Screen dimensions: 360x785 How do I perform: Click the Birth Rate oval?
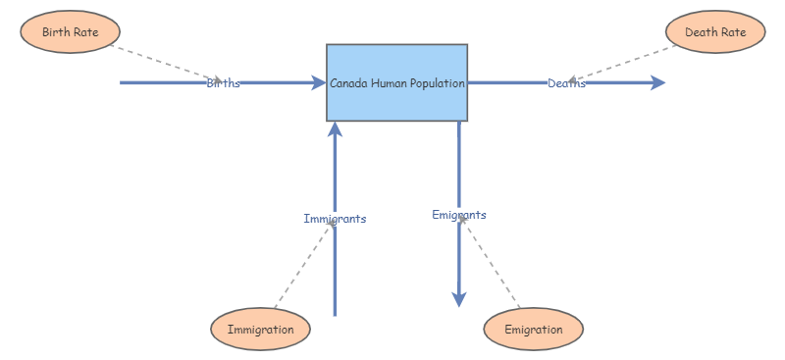[x=70, y=31]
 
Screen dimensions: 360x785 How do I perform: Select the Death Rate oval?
[x=715, y=31]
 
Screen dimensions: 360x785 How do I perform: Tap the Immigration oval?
[x=260, y=329]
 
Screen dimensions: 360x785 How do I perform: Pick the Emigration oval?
[x=533, y=329]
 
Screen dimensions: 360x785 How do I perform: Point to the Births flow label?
[x=223, y=83]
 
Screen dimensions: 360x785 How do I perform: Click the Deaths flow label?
[x=566, y=83]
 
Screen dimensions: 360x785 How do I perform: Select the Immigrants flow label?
[x=335, y=218]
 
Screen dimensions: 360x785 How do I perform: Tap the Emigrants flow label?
[x=458, y=214]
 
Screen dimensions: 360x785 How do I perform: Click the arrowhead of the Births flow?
[x=318, y=83]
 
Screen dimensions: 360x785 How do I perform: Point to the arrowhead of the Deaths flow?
[x=657, y=83]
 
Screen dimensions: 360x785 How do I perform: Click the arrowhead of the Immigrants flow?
[x=335, y=129]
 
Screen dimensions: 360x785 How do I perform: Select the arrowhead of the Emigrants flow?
[x=458, y=299]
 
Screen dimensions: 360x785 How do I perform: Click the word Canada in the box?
[x=346, y=83]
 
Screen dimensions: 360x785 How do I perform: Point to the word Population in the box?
[x=437, y=83]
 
